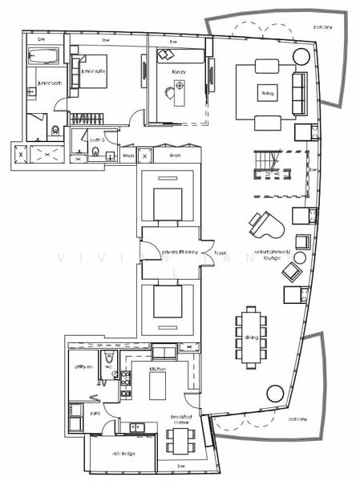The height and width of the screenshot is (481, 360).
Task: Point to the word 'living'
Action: point(268,94)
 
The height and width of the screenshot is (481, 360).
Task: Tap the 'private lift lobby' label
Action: point(181,252)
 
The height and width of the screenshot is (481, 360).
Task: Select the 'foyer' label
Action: point(220,252)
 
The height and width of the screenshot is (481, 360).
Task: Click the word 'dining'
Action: point(252,338)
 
